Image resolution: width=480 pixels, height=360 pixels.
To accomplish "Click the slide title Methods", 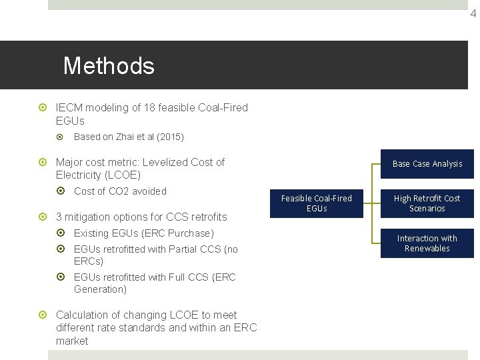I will [109, 66].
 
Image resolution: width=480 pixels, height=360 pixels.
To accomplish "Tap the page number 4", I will [473, 13].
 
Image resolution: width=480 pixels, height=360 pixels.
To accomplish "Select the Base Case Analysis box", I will [427, 164].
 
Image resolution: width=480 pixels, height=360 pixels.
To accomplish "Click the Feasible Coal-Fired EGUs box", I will [317, 203].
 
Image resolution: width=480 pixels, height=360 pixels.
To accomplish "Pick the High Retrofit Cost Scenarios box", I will [427, 203].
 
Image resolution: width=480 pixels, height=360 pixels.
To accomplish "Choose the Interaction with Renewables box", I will [427, 243].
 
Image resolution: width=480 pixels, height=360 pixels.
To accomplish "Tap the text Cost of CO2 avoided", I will [120, 191].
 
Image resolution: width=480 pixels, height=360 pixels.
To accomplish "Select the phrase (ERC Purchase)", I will [184, 233].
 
